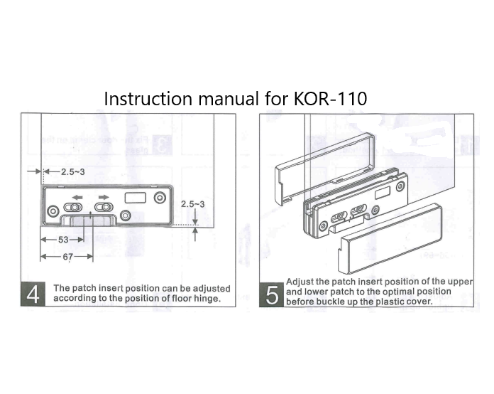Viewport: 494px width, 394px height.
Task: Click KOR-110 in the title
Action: (330, 99)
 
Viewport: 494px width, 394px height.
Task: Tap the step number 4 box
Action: (34, 294)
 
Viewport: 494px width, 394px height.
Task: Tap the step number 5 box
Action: (271, 294)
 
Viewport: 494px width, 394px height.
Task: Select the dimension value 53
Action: (63, 240)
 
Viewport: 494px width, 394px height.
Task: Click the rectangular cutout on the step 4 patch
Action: (136, 197)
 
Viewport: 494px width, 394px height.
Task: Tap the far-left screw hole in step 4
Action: (52, 213)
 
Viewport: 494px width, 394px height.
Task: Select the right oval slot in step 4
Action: (104, 208)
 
